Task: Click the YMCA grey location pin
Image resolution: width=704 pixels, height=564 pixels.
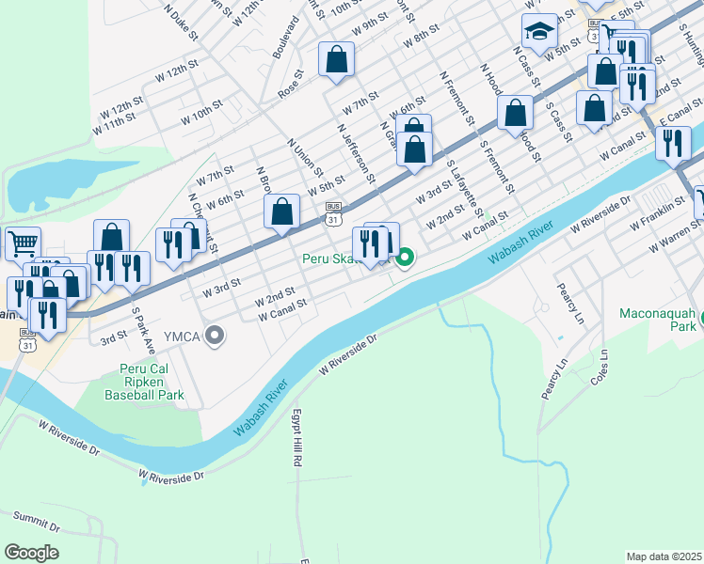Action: (x=216, y=335)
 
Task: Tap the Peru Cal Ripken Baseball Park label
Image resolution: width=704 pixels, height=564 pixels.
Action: (x=152, y=382)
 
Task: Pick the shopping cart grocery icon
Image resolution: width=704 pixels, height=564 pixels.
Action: (x=23, y=243)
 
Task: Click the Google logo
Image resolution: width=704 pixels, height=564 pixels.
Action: (x=31, y=553)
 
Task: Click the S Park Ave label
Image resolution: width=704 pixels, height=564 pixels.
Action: (x=140, y=324)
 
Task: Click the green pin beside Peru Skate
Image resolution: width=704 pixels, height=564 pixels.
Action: (x=406, y=256)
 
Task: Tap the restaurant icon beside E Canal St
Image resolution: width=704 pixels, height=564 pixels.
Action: (x=673, y=143)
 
